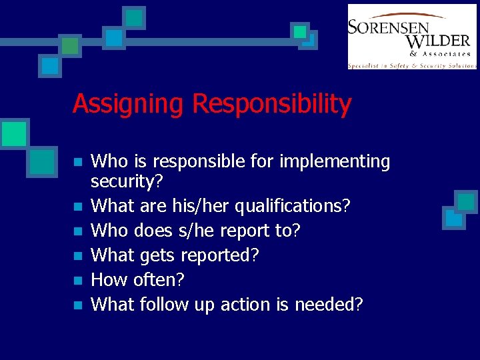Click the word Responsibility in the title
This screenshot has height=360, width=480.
click(x=271, y=105)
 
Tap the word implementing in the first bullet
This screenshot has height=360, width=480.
click(x=335, y=162)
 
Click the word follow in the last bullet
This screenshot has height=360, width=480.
click(x=164, y=305)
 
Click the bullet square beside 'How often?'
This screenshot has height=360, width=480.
click(x=78, y=281)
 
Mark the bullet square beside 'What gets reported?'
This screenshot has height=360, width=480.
click(x=78, y=256)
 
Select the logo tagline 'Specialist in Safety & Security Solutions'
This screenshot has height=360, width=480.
click(x=412, y=65)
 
